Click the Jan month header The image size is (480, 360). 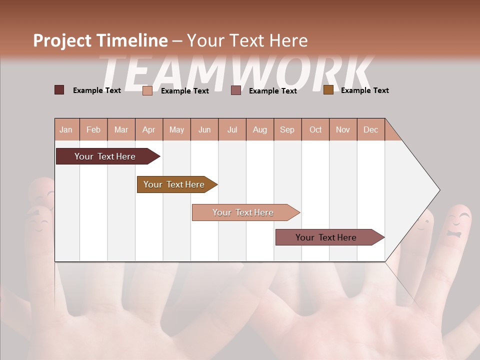66,129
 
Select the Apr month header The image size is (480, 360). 148,129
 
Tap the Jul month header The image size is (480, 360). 232,129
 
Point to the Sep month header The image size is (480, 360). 287,129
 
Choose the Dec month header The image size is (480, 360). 370,129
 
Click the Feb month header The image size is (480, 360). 93,129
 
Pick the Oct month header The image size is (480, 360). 315,129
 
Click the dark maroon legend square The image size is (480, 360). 59,90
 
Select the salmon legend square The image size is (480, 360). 147,90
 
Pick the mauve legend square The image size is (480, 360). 236,90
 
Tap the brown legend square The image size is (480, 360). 328,90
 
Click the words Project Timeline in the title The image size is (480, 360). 100,40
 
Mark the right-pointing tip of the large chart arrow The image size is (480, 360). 438,190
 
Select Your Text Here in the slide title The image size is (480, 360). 247,40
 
